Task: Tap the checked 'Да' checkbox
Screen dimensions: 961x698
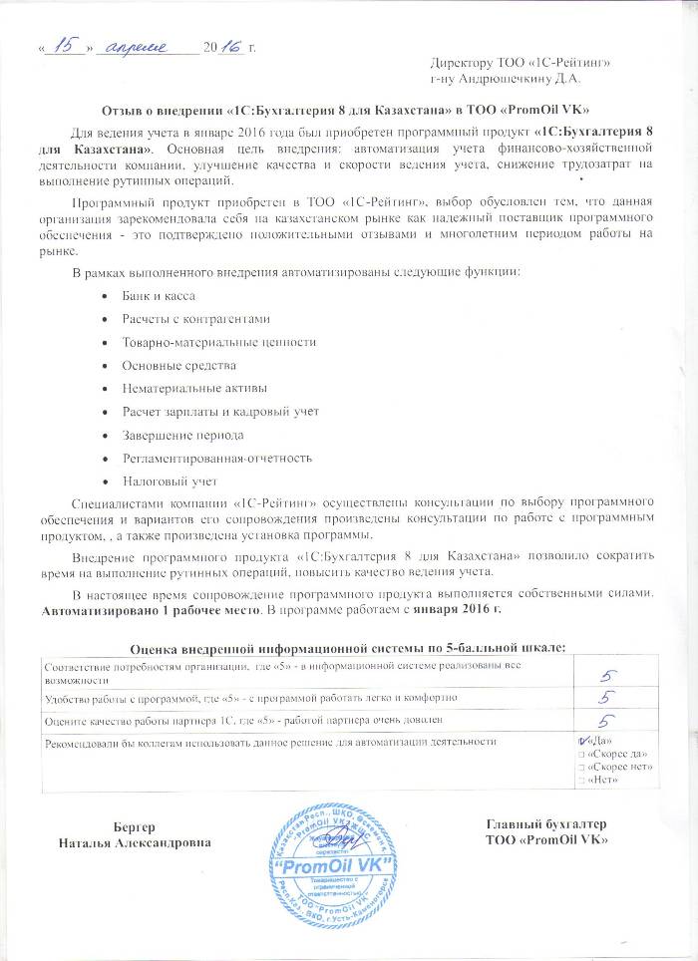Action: coord(584,741)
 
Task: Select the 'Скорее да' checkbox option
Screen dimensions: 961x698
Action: coord(583,754)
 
